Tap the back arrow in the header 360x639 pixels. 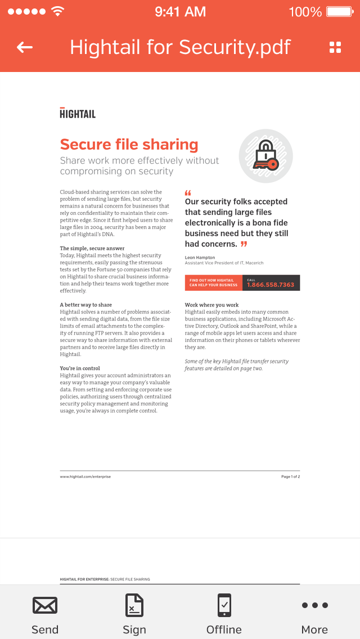(x=25, y=47)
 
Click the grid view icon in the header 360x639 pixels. (x=335, y=47)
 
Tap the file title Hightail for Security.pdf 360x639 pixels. (x=180, y=47)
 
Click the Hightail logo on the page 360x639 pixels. (x=78, y=113)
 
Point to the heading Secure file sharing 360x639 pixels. (x=129, y=145)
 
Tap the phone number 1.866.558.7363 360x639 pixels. (x=271, y=285)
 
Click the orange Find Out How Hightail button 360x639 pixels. (x=213, y=282)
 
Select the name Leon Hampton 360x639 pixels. (x=200, y=258)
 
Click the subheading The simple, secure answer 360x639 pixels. (x=92, y=248)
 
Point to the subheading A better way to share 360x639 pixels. (x=86, y=305)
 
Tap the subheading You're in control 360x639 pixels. (x=80, y=368)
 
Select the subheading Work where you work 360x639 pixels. (x=211, y=305)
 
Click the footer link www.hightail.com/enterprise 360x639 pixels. (x=85, y=476)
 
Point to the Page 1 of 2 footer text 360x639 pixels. (x=290, y=476)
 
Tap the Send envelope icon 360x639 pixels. (x=45, y=606)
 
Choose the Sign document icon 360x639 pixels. (x=134, y=606)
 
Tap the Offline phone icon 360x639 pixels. (x=224, y=605)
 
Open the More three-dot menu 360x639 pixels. (x=314, y=606)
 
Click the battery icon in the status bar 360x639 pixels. (x=340, y=11)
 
